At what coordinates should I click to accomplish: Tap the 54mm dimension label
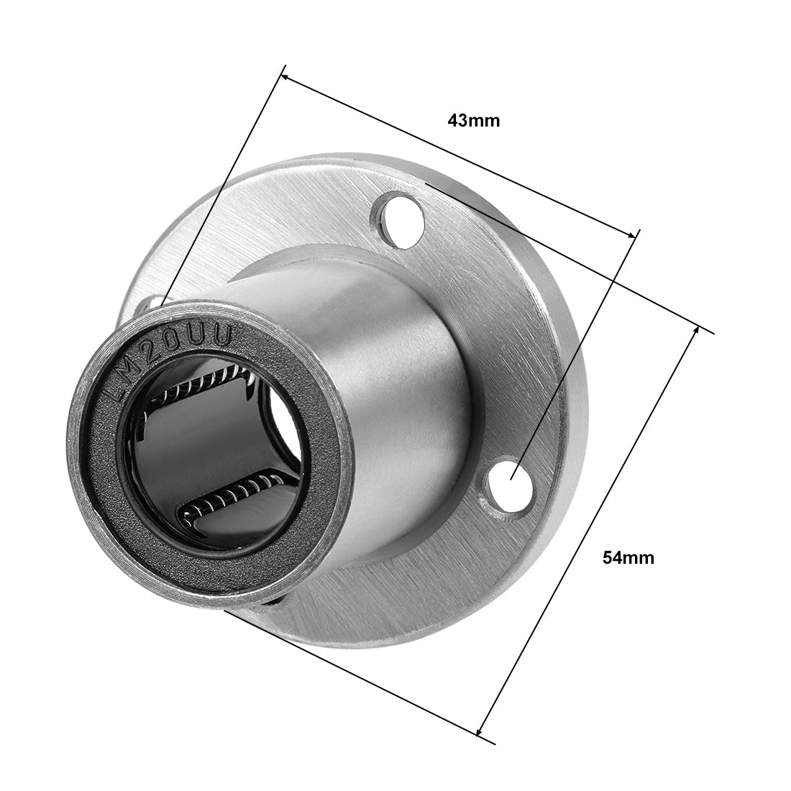pos(628,557)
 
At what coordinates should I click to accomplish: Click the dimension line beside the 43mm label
pos(460,155)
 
